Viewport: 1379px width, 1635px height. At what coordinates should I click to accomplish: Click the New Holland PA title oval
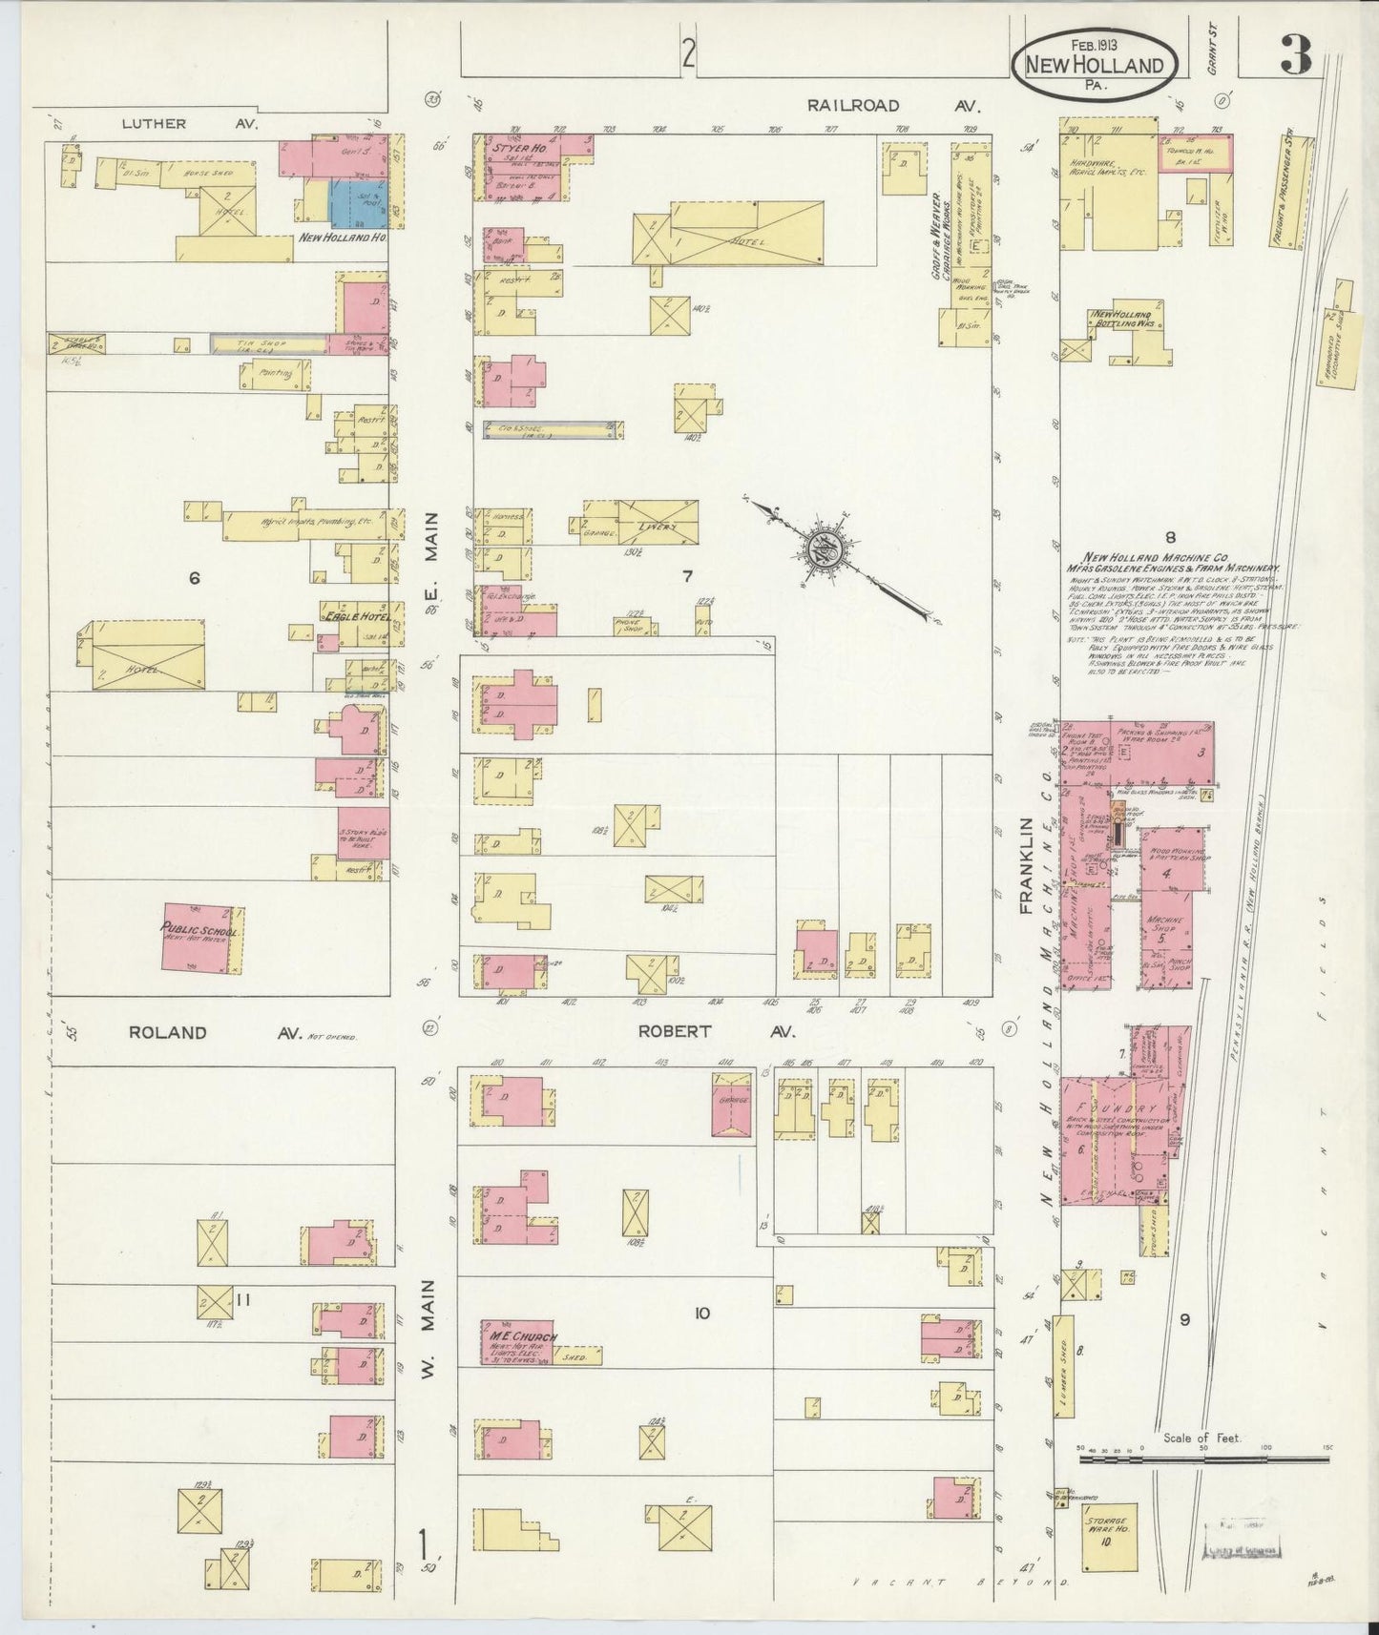click(x=1094, y=59)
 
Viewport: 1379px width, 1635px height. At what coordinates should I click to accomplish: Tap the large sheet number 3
click(x=1294, y=56)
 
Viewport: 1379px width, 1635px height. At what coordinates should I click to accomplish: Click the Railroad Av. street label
click(x=894, y=106)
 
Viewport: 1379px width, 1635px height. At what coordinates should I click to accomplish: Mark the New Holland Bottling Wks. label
click(x=1124, y=320)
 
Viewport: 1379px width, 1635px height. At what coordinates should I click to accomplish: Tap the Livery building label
click(x=658, y=527)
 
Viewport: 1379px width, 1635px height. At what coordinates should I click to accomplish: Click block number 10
click(x=702, y=1314)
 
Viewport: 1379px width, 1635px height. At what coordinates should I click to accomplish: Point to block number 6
click(x=195, y=577)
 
